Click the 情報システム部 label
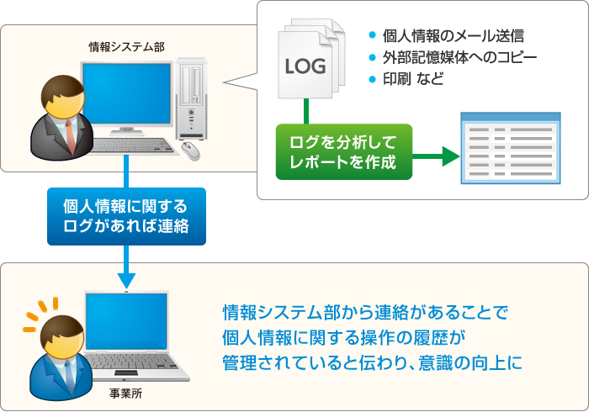point(126,47)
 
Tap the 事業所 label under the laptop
point(126,394)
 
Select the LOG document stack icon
point(311,59)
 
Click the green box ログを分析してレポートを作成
point(343,151)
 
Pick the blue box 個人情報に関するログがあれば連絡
point(126,216)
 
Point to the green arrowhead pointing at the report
point(451,156)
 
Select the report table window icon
point(511,148)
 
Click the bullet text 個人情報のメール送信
point(453,36)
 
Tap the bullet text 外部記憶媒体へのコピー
point(459,57)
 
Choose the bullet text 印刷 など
point(413,79)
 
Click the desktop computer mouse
point(191,151)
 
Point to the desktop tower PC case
point(191,99)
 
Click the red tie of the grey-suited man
point(70,135)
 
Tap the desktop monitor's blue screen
point(127,94)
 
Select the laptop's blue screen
point(126,321)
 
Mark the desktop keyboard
point(132,145)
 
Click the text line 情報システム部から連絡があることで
point(364,312)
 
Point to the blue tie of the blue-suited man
point(70,373)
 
